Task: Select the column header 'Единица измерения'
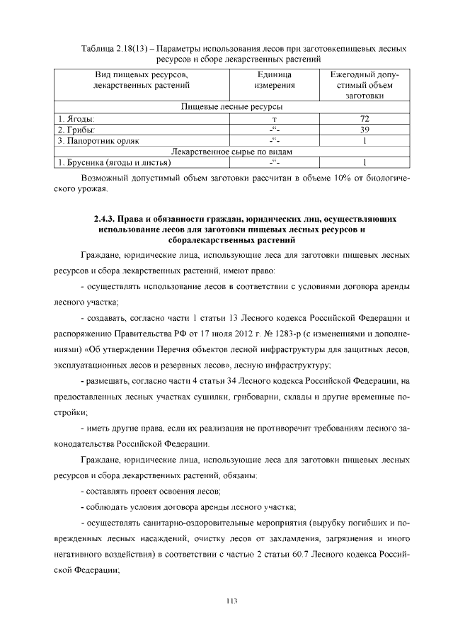(x=274, y=80)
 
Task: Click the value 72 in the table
(x=365, y=118)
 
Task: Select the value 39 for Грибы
(x=365, y=130)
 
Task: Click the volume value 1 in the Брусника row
(x=365, y=163)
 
